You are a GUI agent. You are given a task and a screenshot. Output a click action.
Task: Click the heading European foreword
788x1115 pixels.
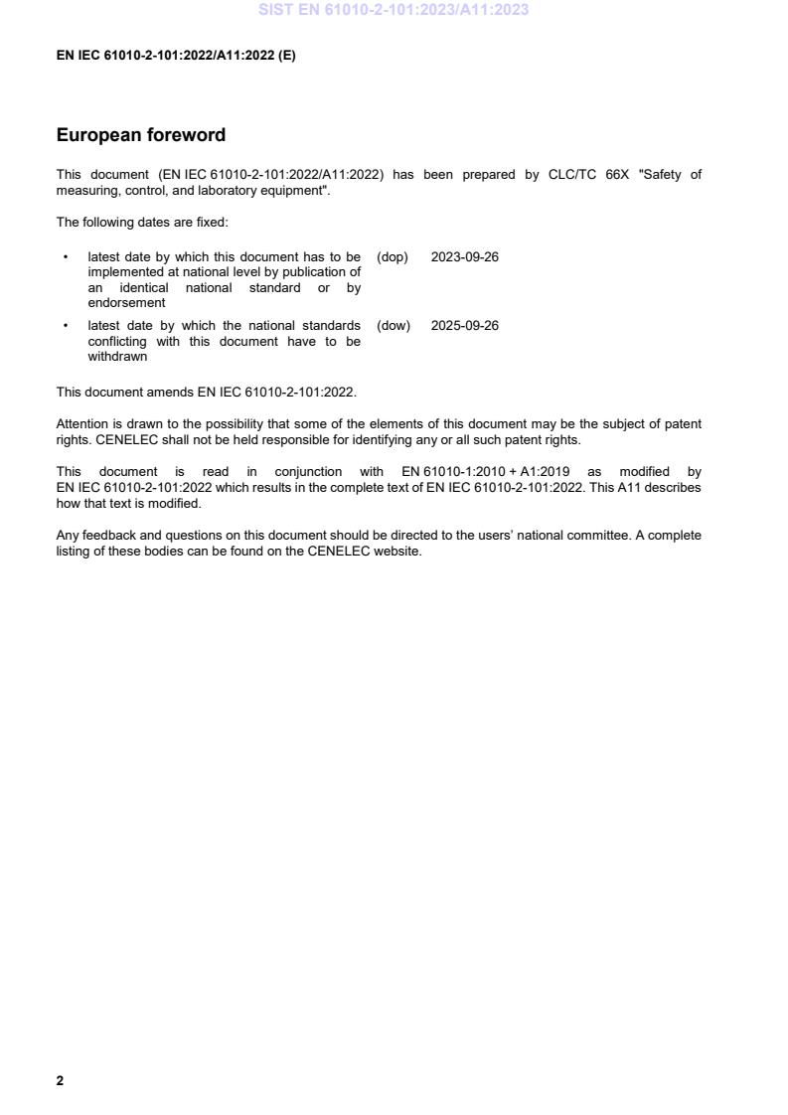[x=140, y=135]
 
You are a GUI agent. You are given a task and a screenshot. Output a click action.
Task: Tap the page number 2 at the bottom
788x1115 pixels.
[x=60, y=1080]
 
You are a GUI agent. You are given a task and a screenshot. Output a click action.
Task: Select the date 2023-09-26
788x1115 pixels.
[x=464, y=257]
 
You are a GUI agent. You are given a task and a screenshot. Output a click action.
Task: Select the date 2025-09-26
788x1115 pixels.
[x=464, y=326]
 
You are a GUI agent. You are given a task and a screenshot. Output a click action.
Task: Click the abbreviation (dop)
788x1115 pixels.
[x=393, y=257]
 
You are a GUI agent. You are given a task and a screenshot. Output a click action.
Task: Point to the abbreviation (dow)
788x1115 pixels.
[x=394, y=326]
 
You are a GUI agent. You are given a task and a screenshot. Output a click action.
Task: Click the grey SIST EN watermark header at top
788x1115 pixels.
[x=394, y=10]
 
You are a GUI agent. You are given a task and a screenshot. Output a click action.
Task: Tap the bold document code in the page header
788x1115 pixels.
[x=176, y=56]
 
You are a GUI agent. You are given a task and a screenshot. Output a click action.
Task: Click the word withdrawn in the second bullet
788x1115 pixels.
[x=117, y=357]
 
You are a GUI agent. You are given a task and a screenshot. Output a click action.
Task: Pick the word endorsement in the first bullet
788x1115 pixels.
[x=126, y=303]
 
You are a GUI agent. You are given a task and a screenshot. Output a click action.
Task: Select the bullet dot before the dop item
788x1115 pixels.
[x=66, y=257]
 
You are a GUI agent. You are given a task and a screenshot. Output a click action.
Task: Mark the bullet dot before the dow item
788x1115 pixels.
[x=66, y=326]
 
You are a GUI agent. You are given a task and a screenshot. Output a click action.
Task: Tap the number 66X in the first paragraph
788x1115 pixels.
[x=618, y=175]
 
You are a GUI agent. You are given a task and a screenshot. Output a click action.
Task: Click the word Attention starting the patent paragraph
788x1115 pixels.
[x=82, y=424]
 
